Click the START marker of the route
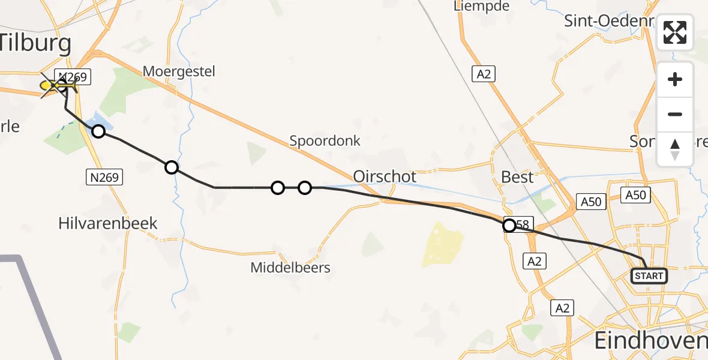649,276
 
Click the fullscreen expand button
675,32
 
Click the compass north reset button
675,149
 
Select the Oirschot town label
385,177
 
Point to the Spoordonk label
325,141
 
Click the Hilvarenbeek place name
108,223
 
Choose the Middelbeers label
290,268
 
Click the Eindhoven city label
650,341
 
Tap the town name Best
517,178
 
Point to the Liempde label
482,7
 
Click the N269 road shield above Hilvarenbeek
104,177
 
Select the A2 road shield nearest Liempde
484,74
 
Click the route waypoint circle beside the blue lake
98,131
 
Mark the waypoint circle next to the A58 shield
509,226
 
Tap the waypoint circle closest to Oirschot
305,188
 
